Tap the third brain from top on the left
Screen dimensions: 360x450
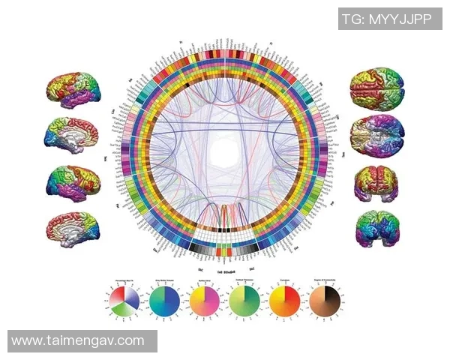pos(73,182)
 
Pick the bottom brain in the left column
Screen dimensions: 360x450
pos(73,228)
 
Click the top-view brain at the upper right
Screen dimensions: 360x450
pos(376,88)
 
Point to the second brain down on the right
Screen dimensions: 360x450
pos(376,136)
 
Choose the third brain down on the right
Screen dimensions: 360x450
pos(376,182)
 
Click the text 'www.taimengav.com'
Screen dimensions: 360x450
pos(78,340)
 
